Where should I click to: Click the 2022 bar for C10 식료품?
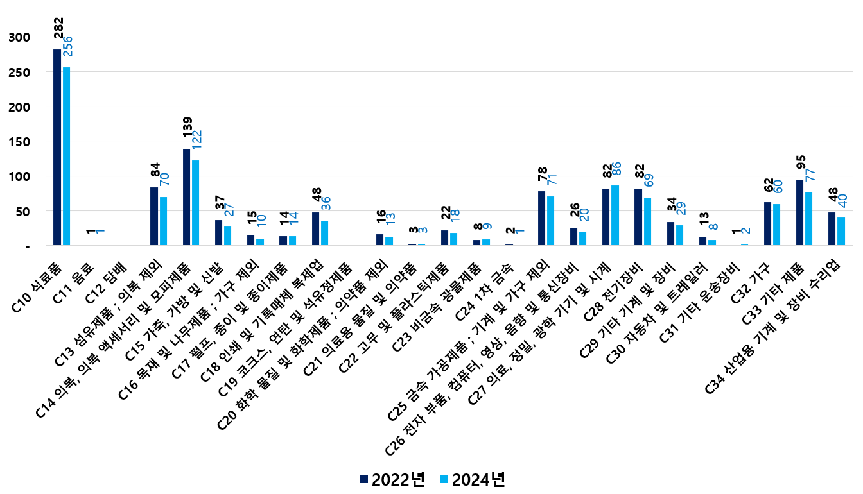[x=57, y=147]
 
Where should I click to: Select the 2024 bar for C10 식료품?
[x=66, y=156]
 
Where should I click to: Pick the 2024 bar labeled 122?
[x=195, y=203]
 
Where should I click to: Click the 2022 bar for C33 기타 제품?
[x=799, y=212]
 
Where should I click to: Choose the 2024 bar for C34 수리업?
[x=841, y=231]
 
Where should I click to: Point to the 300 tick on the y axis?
[x=20, y=37]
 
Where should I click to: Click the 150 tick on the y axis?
[x=20, y=141]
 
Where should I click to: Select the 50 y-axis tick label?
[x=23, y=210]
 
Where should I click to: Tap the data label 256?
[x=67, y=46]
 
